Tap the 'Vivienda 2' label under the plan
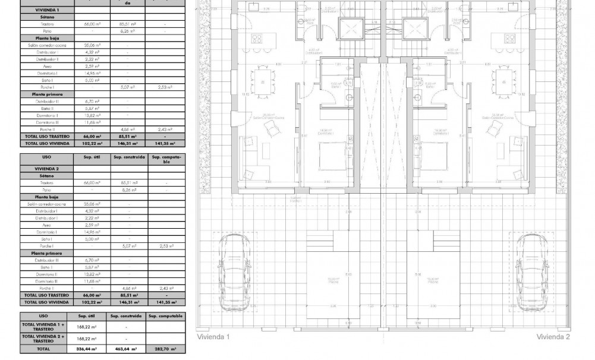click(553, 337)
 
